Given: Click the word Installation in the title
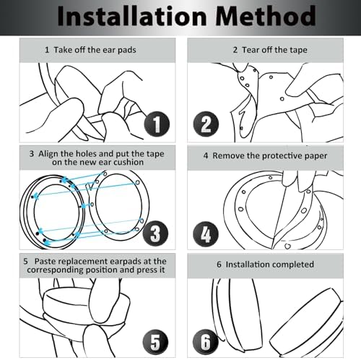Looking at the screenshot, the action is point(132,16).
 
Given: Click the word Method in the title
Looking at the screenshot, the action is point(265,16).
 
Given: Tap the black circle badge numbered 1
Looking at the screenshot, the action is point(157,124).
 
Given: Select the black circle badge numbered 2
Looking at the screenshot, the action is point(206,124).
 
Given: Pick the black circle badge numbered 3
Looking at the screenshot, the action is point(155,233).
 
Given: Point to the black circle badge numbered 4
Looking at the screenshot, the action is point(206,234).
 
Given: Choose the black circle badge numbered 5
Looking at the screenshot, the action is point(155,342).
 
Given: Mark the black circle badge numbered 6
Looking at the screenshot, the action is point(206,342).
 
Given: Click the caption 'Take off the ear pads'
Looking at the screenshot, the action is point(95,50).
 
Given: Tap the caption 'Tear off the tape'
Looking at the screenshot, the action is point(274,50).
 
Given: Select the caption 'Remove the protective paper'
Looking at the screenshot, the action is point(269,155).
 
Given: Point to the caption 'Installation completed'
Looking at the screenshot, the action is point(270,265).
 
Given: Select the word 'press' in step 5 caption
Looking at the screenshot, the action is point(147,270).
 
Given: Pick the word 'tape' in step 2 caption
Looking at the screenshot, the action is point(298,51).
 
